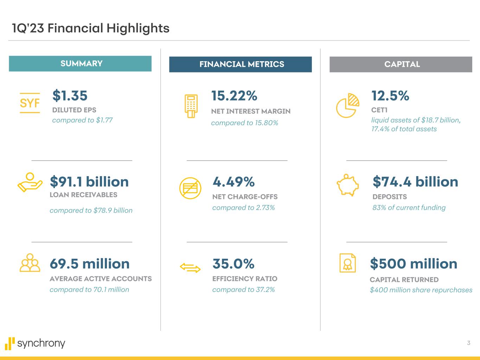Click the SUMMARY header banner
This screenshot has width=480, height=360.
click(x=80, y=64)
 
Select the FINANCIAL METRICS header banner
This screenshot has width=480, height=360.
click(x=241, y=64)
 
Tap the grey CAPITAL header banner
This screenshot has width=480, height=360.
click(x=401, y=64)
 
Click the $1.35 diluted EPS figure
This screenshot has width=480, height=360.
click(x=70, y=96)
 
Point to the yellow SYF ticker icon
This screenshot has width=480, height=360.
click(x=30, y=103)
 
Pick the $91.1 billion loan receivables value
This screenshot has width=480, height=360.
click(x=89, y=182)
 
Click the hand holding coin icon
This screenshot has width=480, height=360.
click(x=30, y=182)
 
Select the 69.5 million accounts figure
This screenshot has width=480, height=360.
click(x=90, y=264)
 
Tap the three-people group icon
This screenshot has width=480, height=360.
click(x=30, y=263)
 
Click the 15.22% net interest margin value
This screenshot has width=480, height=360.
click(x=234, y=96)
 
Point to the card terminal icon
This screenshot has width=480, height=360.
click(x=191, y=106)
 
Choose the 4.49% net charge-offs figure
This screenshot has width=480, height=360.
click(x=233, y=182)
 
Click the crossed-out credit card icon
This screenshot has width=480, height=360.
click(x=190, y=188)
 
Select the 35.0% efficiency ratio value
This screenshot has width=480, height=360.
click(x=233, y=264)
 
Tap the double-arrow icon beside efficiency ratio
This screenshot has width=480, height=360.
click(x=190, y=268)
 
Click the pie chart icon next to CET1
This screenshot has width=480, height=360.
click(x=348, y=105)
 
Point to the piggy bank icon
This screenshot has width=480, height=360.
click(x=348, y=185)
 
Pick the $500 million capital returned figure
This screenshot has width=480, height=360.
click(x=414, y=264)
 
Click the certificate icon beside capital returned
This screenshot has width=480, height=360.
click(x=347, y=263)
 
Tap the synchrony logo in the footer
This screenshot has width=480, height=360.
click(x=35, y=343)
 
